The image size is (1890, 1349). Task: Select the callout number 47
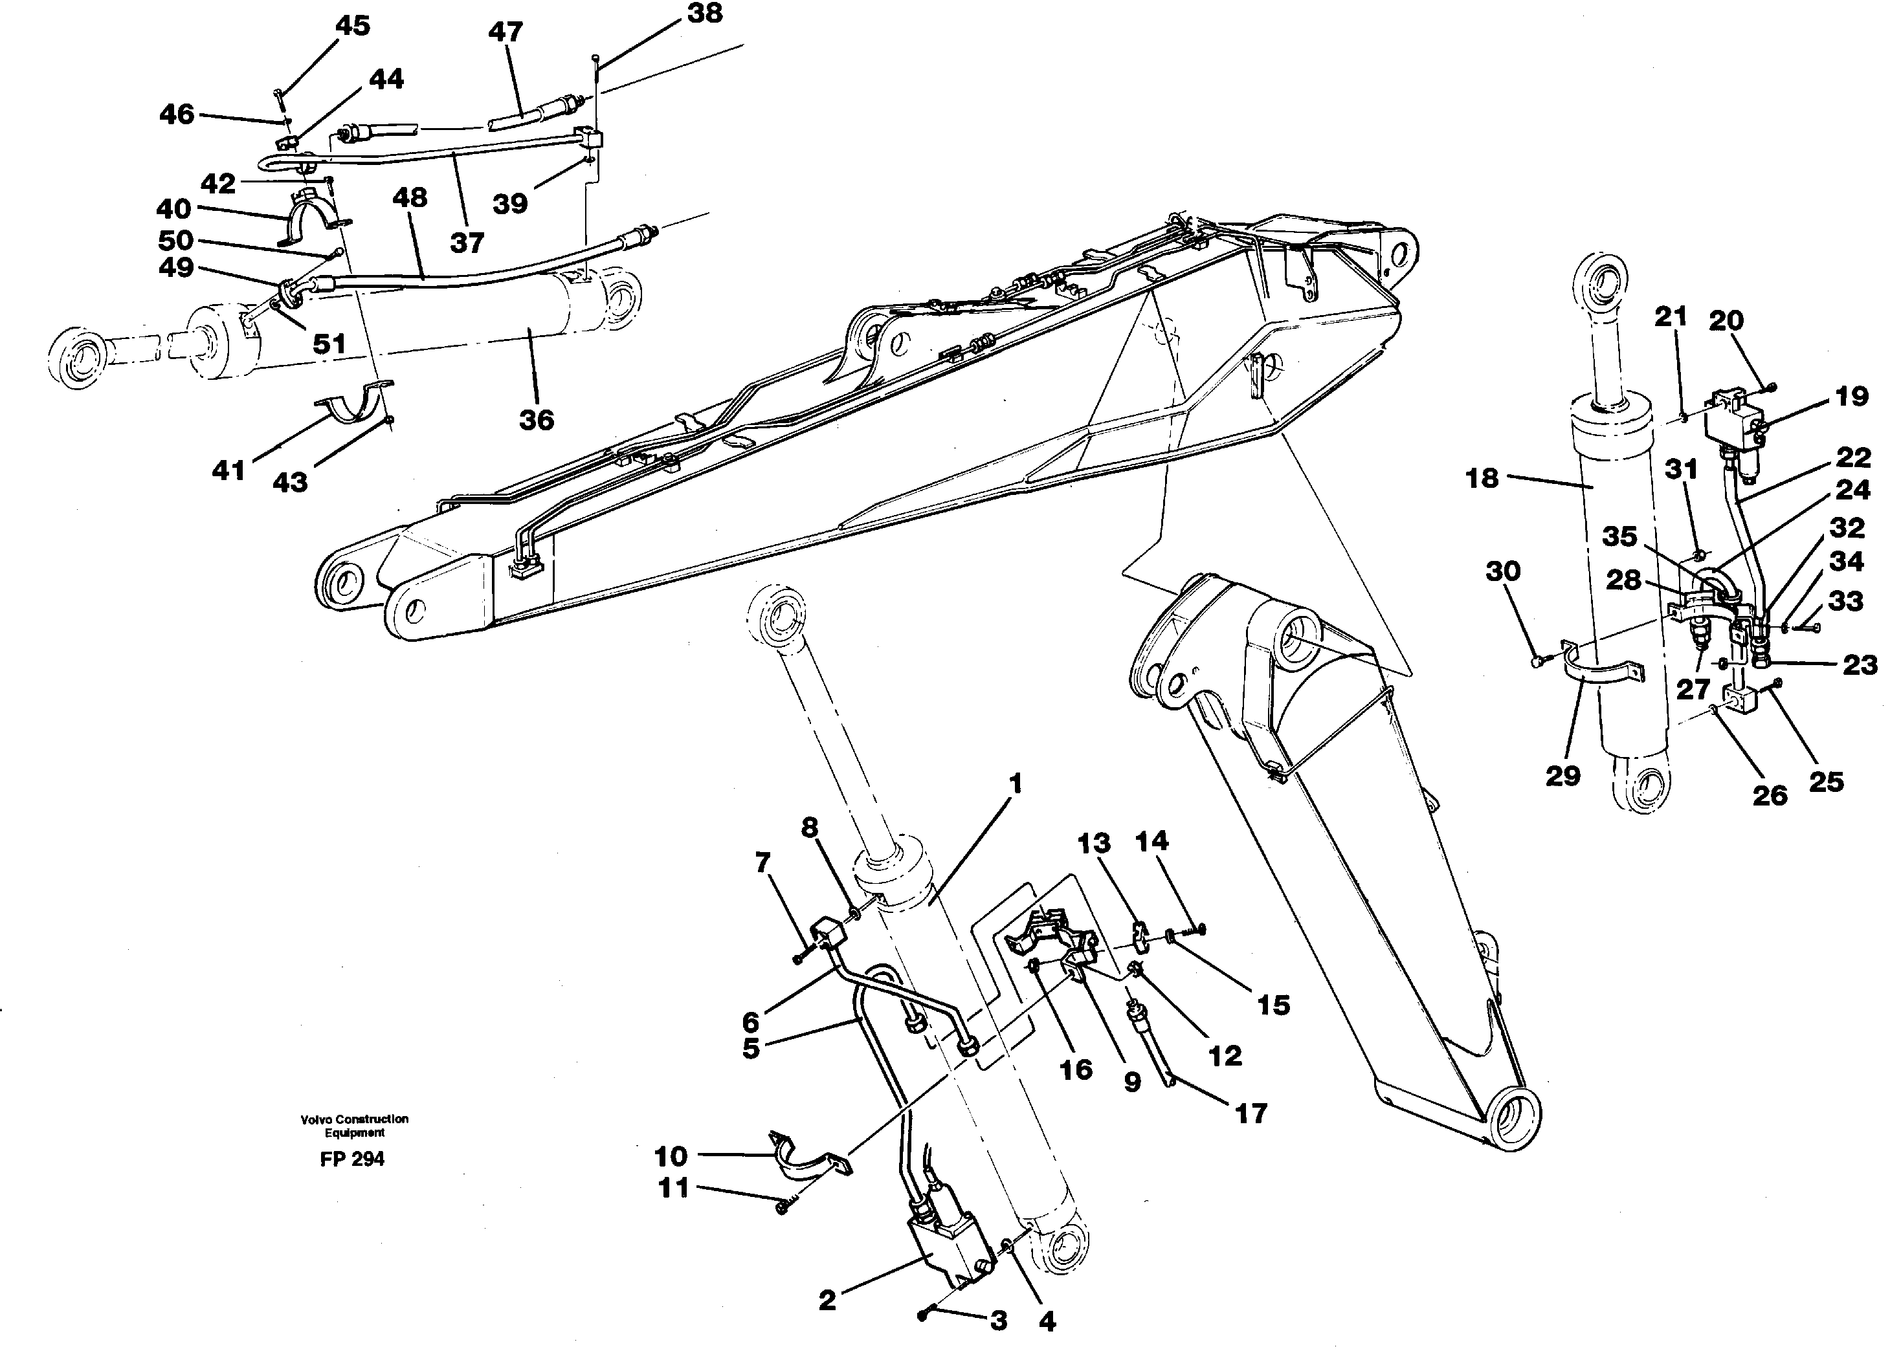[505, 32]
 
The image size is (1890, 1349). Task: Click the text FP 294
[352, 1159]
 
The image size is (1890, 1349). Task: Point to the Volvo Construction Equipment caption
[354, 1126]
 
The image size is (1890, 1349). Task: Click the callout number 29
[1562, 776]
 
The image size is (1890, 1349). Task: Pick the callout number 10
[671, 1156]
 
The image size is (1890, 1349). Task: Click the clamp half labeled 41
[353, 402]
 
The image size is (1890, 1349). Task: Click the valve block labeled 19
[1732, 427]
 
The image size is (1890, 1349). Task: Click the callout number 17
[1251, 1112]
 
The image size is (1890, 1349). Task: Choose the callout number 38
[704, 14]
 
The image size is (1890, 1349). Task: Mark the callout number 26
[1770, 795]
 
